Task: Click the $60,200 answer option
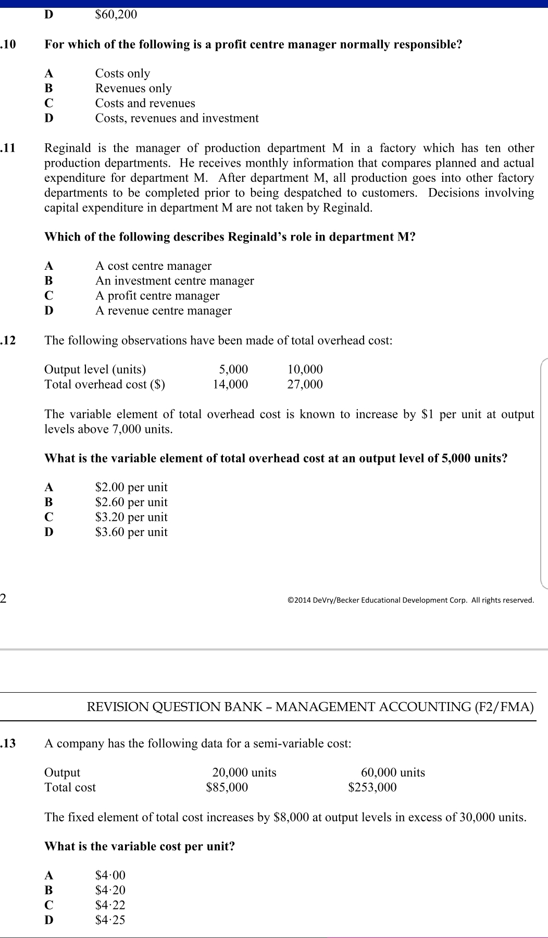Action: [x=116, y=15]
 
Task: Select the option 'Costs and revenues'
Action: [x=145, y=103]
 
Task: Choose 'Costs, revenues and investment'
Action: [x=177, y=118]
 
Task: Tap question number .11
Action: [x=9, y=148]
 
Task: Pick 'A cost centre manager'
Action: [x=153, y=266]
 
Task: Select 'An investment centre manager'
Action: [x=175, y=281]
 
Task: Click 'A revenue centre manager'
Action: [x=163, y=311]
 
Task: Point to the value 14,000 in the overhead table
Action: [x=230, y=384]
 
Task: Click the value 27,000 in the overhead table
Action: [x=305, y=384]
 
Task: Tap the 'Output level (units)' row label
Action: [x=95, y=369]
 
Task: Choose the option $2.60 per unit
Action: [x=131, y=503]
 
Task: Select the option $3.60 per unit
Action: [x=131, y=532]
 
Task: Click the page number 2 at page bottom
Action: [x=4, y=598]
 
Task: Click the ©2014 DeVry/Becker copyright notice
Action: [x=410, y=600]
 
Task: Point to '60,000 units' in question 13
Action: [x=393, y=772]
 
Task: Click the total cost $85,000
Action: [x=227, y=787]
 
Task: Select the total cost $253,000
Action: [x=372, y=787]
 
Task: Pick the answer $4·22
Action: [x=110, y=905]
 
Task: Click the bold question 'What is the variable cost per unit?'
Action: [x=140, y=846]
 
